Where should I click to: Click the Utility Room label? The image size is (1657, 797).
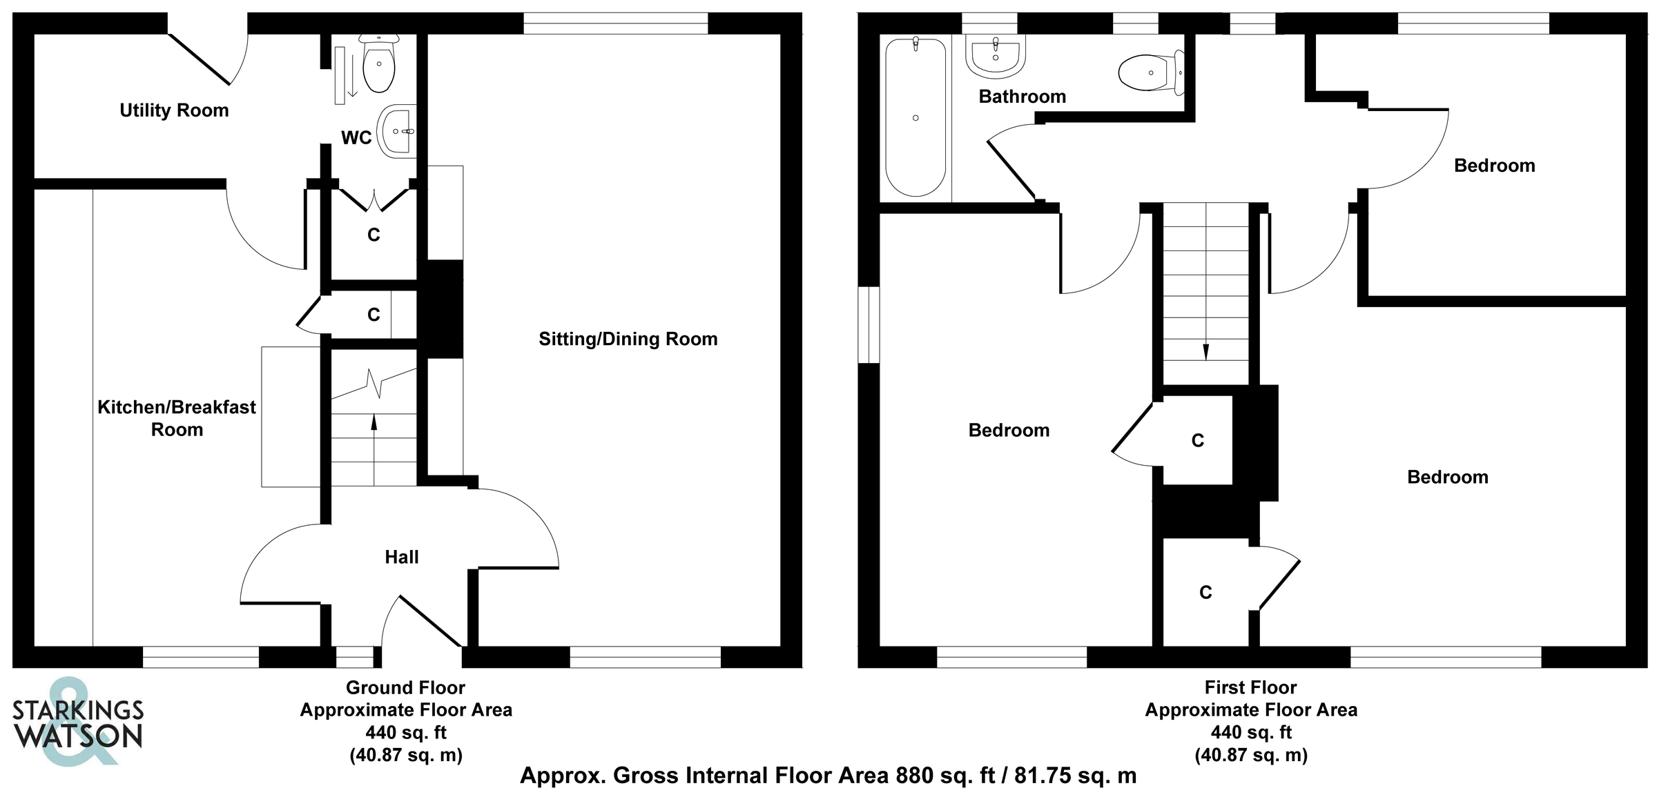(174, 110)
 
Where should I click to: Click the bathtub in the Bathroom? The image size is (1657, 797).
(915, 117)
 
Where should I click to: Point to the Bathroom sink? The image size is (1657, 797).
(995, 55)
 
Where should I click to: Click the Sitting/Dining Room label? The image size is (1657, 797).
(628, 339)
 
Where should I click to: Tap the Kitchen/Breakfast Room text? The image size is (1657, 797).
(177, 418)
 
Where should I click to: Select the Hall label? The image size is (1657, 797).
(402, 557)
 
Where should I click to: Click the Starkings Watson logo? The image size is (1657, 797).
(77, 722)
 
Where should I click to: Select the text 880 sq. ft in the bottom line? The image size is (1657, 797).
(945, 776)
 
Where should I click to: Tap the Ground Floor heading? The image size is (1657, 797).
(405, 687)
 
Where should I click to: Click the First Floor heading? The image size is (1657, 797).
(1250, 687)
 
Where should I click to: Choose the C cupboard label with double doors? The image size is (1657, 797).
(374, 235)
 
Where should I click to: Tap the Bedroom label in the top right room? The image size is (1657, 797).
(1494, 166)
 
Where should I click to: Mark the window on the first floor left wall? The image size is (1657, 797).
(869, 324)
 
